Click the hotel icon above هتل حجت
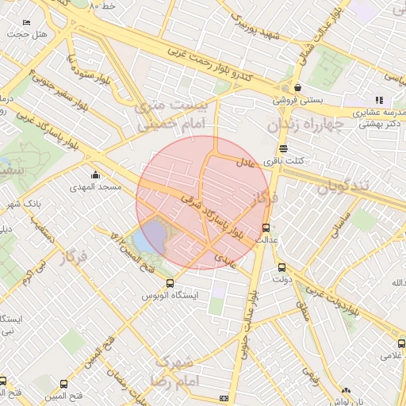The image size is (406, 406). click(28, 23)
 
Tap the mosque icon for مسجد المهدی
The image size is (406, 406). click(96, 174)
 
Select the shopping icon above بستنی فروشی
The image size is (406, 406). click(297, 87)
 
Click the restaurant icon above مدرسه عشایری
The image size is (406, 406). click(379, 101)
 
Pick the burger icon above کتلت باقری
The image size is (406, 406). click(283, 148)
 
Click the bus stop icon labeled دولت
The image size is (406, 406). click(282, 267)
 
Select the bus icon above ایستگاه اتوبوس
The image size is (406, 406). click(169, 283)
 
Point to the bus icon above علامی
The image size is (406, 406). click(401, 343)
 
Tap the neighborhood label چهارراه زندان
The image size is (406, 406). click(304, 124)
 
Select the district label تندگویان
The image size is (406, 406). click(346, 187)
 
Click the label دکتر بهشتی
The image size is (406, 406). click(379, 124)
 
